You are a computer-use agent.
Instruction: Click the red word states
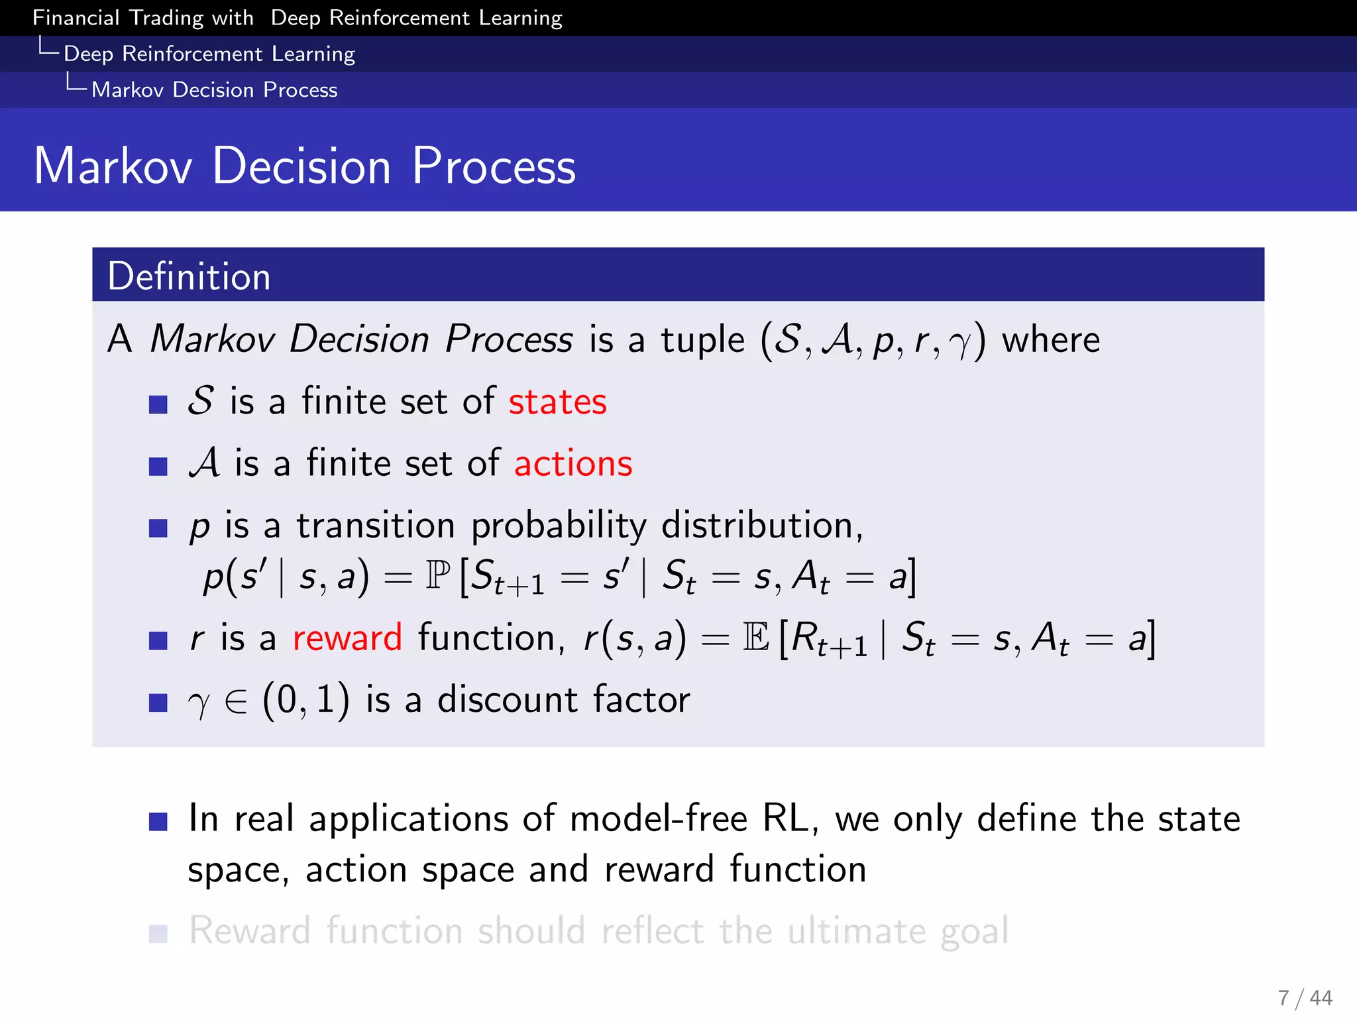point(557,402)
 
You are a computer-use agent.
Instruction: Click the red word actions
point(573,463)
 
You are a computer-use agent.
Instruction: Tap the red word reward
point(347,638)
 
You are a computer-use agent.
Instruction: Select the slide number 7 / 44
point(1305,997)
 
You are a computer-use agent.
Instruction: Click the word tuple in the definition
point(702,340)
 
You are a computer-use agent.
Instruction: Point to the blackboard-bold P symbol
point(438,575)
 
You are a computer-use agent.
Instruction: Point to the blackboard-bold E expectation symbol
point(756,638)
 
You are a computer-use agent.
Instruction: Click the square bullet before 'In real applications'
point(158,822)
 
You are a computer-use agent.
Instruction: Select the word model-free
point(658,819)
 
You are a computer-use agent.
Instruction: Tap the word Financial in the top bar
point(76,17)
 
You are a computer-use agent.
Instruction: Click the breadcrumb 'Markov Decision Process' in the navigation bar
point(214,89)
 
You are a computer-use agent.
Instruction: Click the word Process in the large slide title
point(494,166)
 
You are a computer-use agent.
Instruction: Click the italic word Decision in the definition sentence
point(360,339)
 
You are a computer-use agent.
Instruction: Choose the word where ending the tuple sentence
point(1050,340)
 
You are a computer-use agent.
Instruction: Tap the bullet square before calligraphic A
point(158,467)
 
